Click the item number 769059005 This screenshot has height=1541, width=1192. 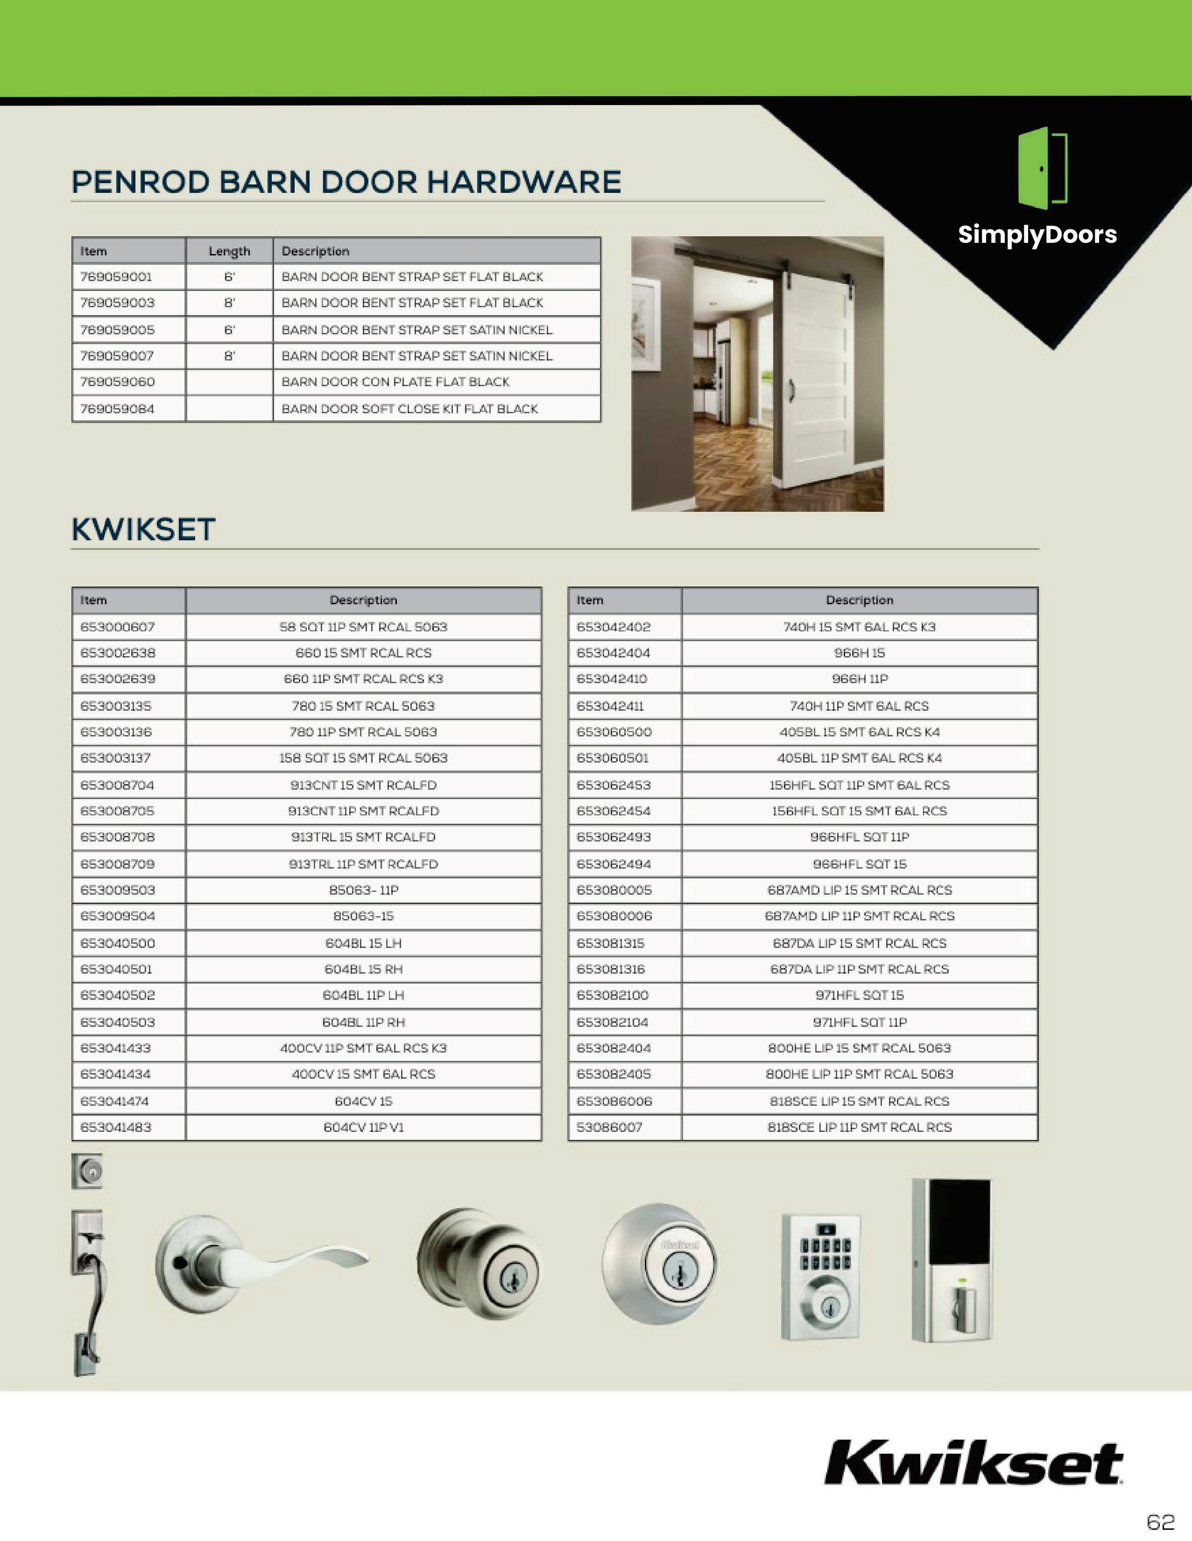(x=117, y=330)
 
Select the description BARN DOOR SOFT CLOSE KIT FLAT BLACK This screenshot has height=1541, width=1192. (x=409, y=409)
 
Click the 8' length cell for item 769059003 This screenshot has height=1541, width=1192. (x=229, y=303)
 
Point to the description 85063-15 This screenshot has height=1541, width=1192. (x=363, y=916)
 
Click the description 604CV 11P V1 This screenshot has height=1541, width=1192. (x=363, y=1127)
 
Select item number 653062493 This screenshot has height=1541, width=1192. (x=614, y=837)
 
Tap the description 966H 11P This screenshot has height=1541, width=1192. (x=859, y=679)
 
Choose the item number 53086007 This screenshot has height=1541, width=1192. (x=609, y=1127)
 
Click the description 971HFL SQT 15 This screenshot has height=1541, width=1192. (x=859, y=995)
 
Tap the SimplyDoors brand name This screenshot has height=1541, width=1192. (x=1037, y=234)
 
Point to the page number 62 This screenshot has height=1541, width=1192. (x=1160, y=1520)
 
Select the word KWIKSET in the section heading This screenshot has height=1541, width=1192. (x=143, y=529)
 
